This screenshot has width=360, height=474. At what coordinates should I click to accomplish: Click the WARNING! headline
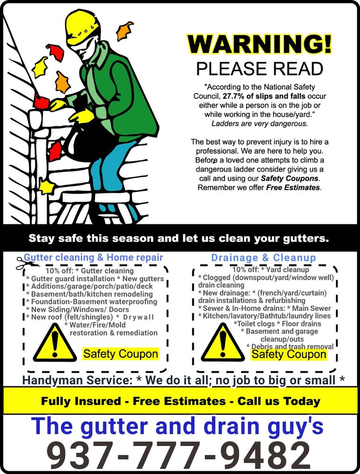(x=260, y=44)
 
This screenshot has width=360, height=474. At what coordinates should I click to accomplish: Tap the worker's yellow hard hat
(x=82, y=27)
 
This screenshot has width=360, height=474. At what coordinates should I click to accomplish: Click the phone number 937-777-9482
(x=180, y=455)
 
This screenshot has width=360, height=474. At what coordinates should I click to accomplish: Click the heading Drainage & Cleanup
(x=263, y=258)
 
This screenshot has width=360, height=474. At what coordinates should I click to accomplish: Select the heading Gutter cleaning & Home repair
(x=93, y=257)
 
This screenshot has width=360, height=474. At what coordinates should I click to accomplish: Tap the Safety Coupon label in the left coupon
(x=120, y=354)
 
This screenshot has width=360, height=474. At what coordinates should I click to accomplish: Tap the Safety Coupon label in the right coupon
(x=289, y=354)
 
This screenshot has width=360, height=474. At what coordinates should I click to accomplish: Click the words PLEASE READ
(x=260, y=69)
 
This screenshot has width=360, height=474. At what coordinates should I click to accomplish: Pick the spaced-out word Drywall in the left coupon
(x=138, y=317)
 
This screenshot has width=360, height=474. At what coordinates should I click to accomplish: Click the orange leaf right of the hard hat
(x=124, y=30)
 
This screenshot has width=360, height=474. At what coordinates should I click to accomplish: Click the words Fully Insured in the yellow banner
(x=81, y=401)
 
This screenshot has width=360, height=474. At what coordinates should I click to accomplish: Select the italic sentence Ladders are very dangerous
(x=260, y=124)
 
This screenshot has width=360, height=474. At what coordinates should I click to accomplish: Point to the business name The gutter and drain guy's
(x=177, y=426)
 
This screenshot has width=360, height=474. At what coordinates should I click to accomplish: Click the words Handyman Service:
(x=78, y=380)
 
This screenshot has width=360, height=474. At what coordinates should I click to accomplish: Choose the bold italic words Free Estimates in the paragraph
(x=293, y=187)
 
